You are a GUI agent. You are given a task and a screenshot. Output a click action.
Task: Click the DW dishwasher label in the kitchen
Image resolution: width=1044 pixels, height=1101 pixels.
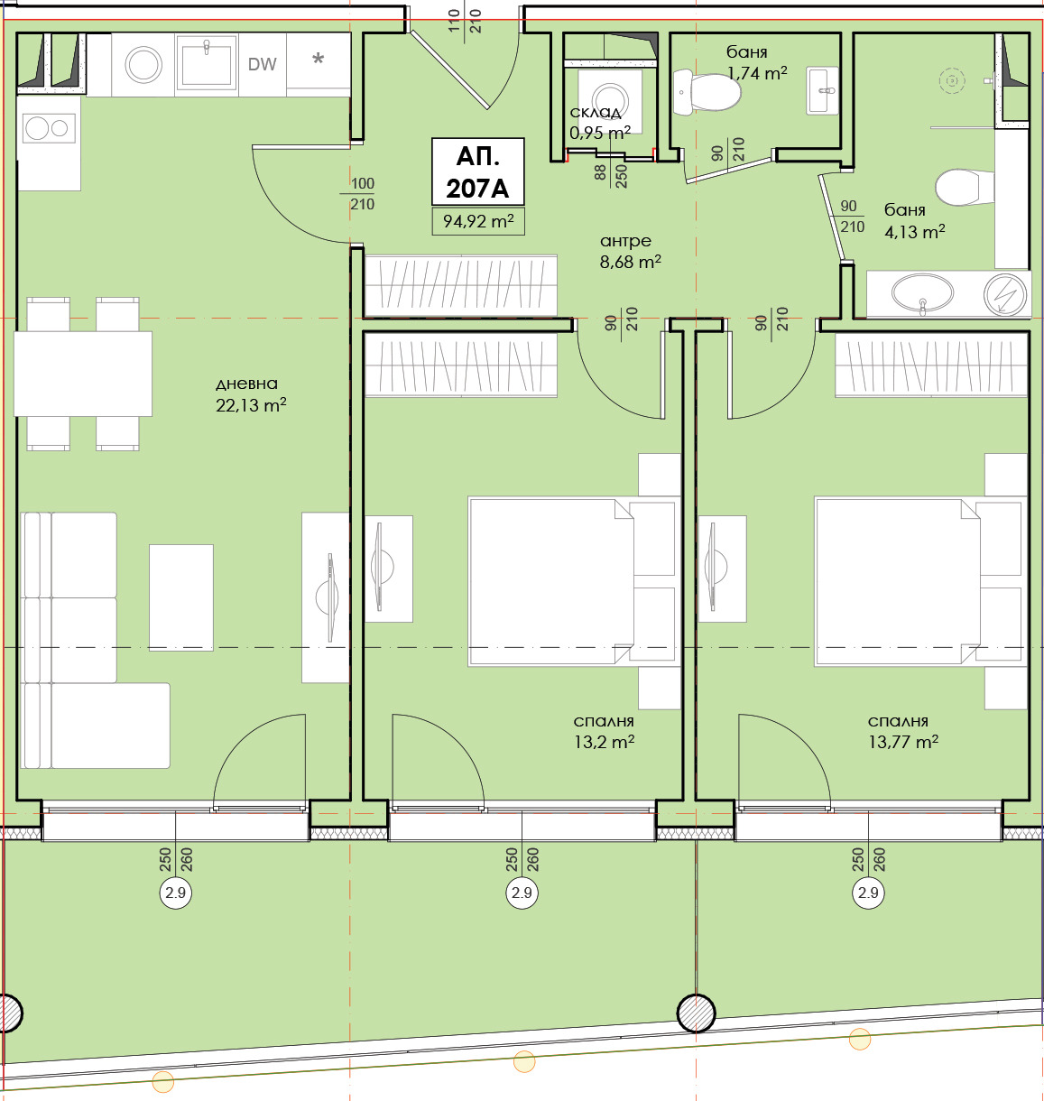click(x=262, y=64)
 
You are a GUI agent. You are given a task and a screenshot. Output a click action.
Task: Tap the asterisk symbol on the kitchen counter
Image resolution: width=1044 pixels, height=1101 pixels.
click(x=319, y=58)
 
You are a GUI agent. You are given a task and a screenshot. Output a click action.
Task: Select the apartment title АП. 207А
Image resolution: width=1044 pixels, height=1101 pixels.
click(x=477, y=172)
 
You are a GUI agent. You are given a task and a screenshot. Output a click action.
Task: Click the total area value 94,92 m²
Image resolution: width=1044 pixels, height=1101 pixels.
click(x=478, y=221)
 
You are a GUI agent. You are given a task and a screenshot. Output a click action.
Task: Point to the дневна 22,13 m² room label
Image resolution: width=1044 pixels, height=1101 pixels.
click(x=251, y=394)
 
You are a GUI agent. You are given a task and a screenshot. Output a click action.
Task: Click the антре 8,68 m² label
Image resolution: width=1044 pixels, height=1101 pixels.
click(x=630, y=251)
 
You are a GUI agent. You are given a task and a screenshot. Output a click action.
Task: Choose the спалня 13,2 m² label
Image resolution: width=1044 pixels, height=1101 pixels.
click(x=604, y=731)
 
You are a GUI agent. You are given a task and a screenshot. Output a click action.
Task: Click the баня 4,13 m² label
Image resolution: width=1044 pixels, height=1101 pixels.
click(x=915, y=220)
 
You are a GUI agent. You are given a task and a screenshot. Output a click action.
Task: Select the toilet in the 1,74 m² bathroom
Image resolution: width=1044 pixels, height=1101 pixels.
click(x=707, y=92)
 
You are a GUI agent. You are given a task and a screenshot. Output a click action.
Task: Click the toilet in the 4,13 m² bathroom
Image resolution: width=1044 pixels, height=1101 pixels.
click(x=965, y=187)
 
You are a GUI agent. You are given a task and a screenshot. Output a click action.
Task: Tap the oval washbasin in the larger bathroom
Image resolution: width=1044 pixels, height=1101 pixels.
click(x=922, y=292)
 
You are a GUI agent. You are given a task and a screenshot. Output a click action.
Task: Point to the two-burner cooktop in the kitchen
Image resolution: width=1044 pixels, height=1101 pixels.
click(x=49, y=128)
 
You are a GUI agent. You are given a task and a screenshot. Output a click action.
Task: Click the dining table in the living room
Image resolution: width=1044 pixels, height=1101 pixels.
click(x=83, y=374)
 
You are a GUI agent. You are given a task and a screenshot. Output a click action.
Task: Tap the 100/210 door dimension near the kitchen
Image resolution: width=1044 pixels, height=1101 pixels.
click(x=362, y=194)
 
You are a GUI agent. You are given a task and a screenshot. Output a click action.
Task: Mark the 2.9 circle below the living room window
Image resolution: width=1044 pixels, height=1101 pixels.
click(x=175, y=892)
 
